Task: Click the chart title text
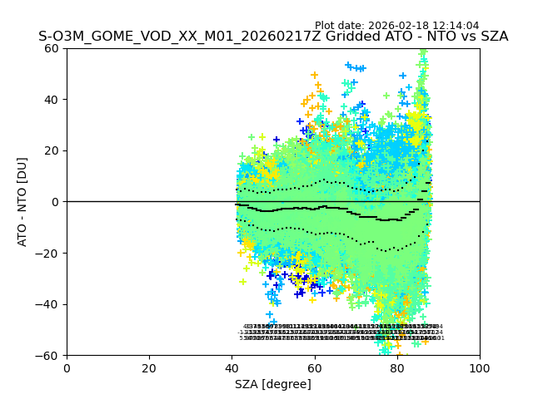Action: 273,37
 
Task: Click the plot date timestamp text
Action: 396,26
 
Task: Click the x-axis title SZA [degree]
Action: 273,384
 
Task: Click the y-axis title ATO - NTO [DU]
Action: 22,201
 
